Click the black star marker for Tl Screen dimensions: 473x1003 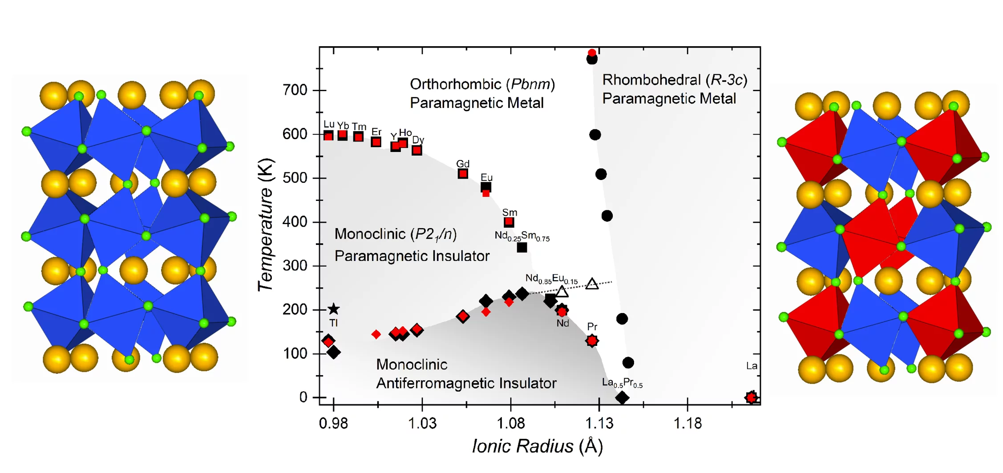[333, 309]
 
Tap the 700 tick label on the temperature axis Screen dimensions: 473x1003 [295, 90]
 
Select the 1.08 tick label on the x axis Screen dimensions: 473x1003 [510, 423]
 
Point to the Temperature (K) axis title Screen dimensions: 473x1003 [266, 225]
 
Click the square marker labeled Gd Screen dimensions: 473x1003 [463, 174]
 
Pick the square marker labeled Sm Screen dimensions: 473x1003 [509, 222]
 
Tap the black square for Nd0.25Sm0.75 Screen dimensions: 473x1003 [522, 248]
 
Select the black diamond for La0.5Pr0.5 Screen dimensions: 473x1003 [622, 397]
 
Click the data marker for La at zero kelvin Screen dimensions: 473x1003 [751, 397]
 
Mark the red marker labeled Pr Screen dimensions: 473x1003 [592, 341]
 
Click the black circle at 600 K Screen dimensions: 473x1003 [595, 135]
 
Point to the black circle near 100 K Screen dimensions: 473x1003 [628, 363]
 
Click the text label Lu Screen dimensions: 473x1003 [329, 124]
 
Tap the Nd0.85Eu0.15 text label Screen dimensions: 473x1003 [551, 279]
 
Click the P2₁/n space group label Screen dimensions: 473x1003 [434, 234]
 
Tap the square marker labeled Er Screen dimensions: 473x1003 [376, 142]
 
